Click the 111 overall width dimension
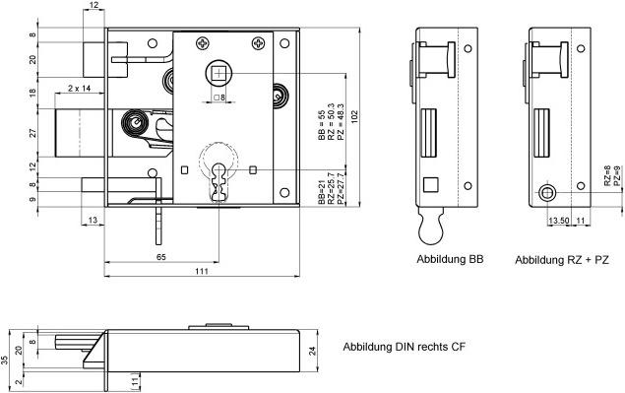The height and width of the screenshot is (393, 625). [x=202, y=271]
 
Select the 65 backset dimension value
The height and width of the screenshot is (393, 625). [x=161, y=257]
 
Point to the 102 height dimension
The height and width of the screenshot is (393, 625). [x=354, y=117]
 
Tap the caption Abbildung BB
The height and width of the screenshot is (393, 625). [x=450, y=259]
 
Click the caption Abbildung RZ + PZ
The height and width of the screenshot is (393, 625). [x=562, y=260]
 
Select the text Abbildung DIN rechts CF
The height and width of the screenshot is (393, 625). [x=405, y=347]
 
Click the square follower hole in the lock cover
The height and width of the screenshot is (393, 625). [x=219, y=74]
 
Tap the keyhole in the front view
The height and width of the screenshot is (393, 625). [x=219, y=181]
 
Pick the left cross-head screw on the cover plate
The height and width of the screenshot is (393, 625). [x=202, y=42]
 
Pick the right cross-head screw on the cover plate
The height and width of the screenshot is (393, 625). [x=258, y=42]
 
